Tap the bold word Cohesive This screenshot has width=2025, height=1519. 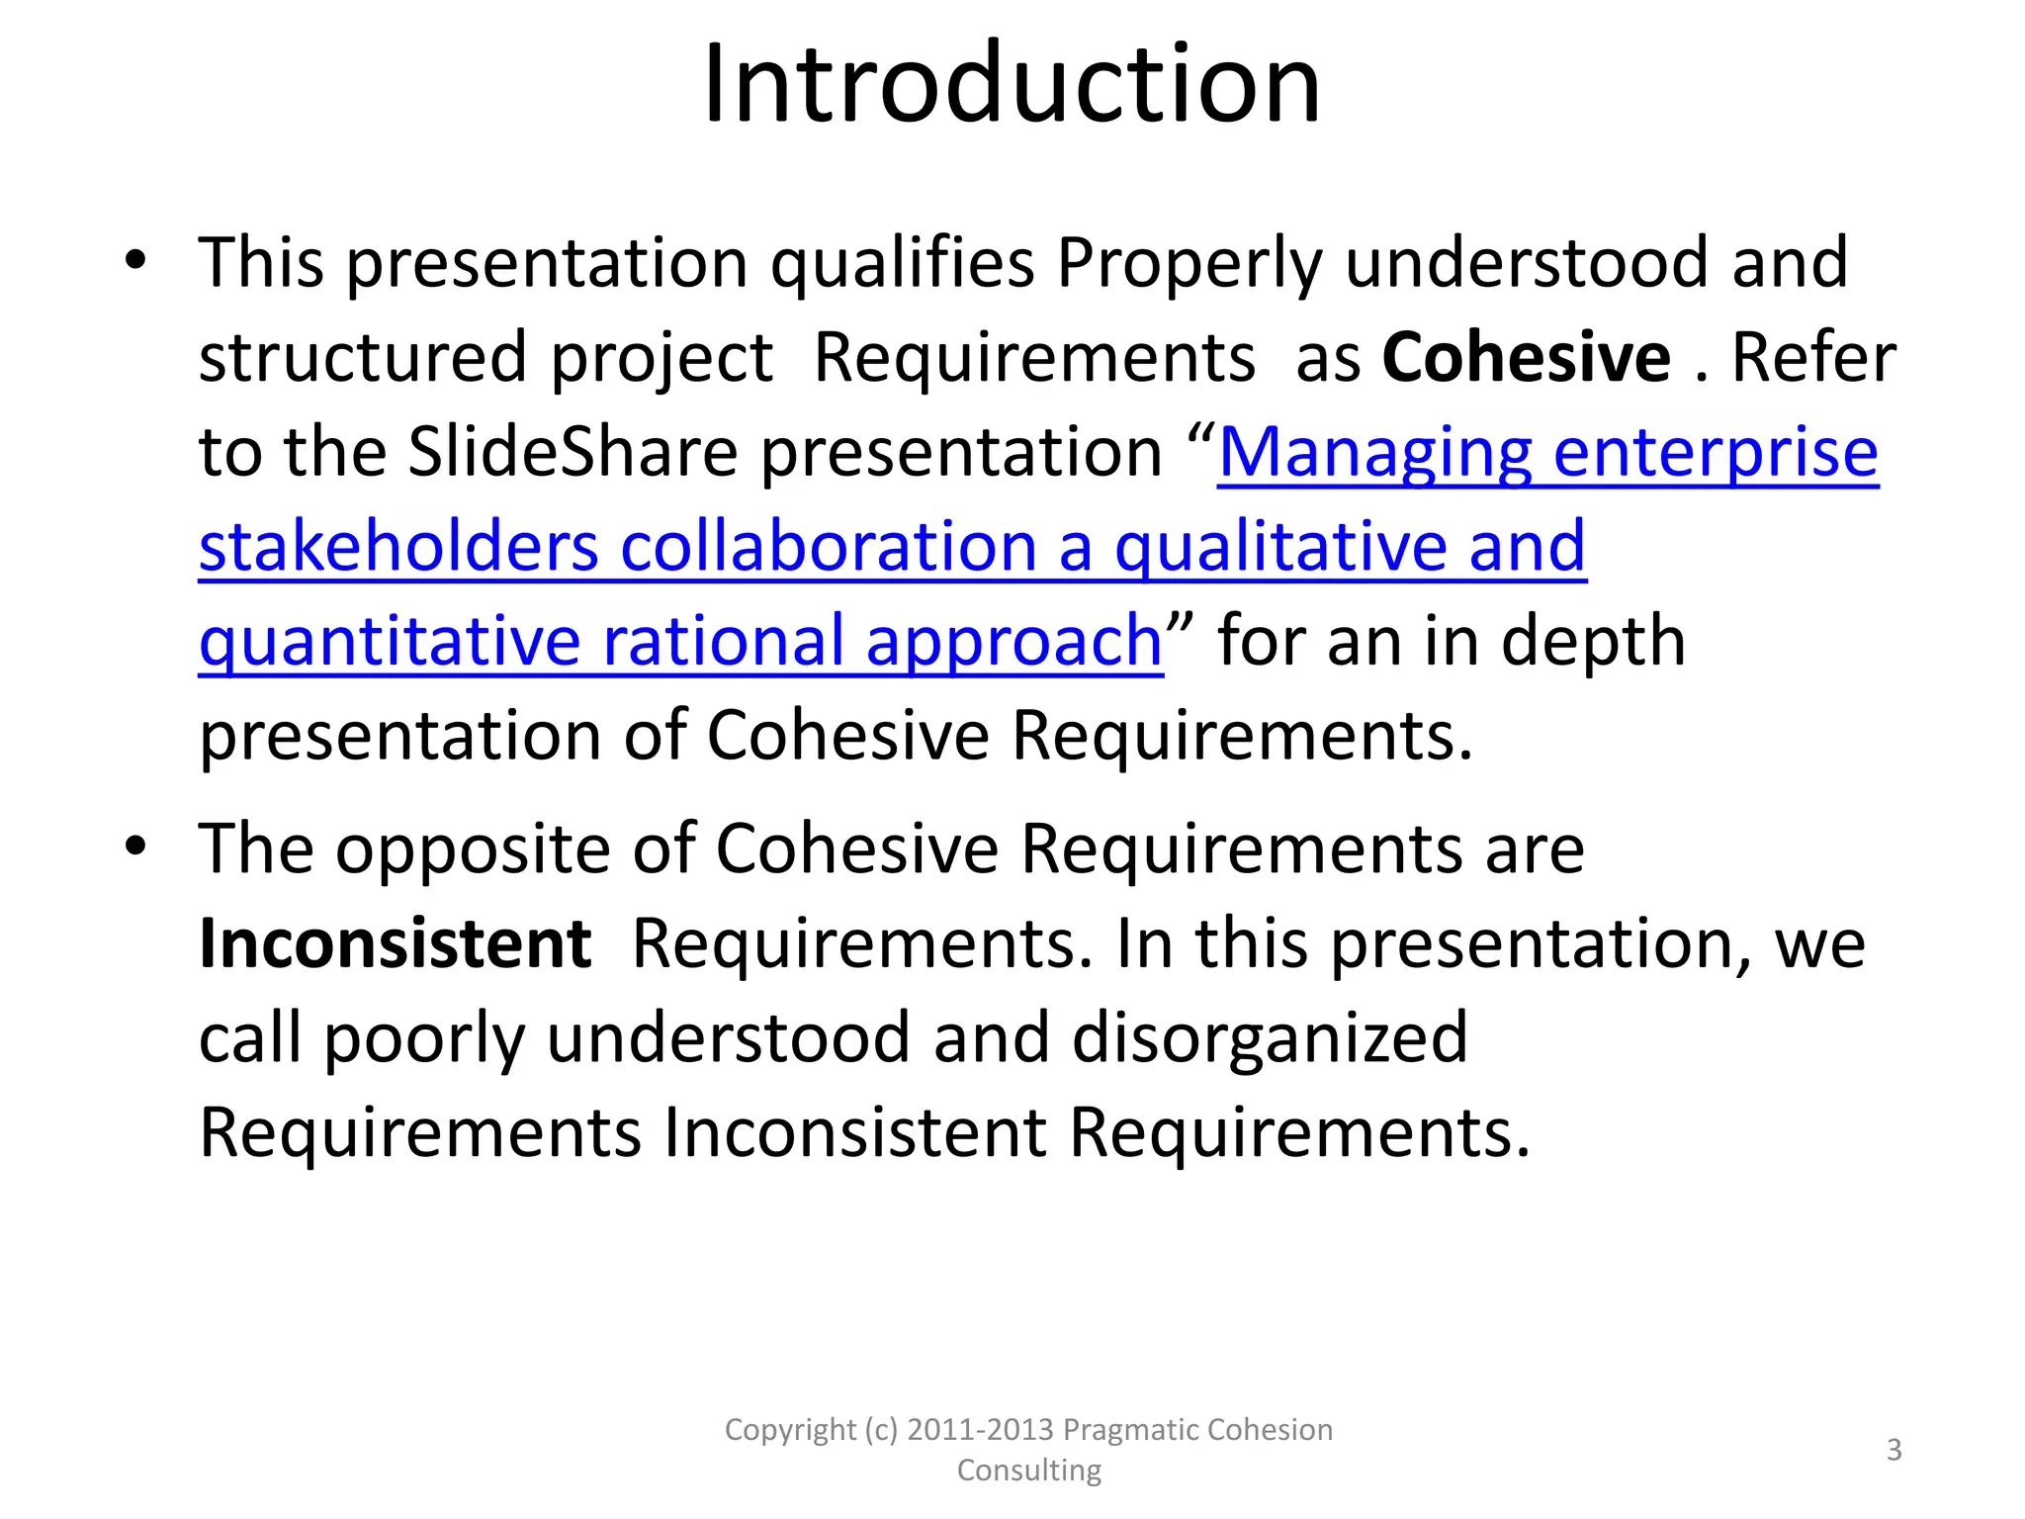tap(1526, 357)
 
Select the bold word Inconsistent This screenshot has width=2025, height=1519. tap(395, 943)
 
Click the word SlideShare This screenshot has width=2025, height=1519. tap(572, 452)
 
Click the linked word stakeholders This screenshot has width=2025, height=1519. tap(398, 547)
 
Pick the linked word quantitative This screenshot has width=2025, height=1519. tap(390, 642)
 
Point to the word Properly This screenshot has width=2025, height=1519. tap(1189, 264)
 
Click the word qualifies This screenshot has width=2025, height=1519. tap(902, 264)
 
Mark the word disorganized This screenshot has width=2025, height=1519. tap(1270, 1038)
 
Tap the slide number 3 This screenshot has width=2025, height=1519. tap(1893, 1450)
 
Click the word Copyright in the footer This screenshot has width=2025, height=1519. tap(790, 1430)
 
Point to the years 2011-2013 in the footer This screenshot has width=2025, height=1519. tap(980, 1430)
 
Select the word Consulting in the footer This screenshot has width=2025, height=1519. tap(1028, 1471)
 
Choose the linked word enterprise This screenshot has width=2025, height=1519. tap(1716, 454)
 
